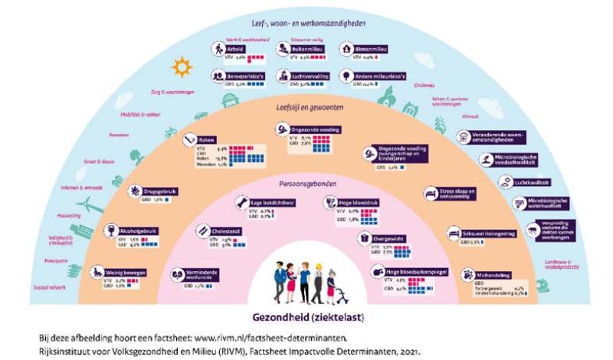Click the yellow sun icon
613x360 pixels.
click(182, 68)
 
